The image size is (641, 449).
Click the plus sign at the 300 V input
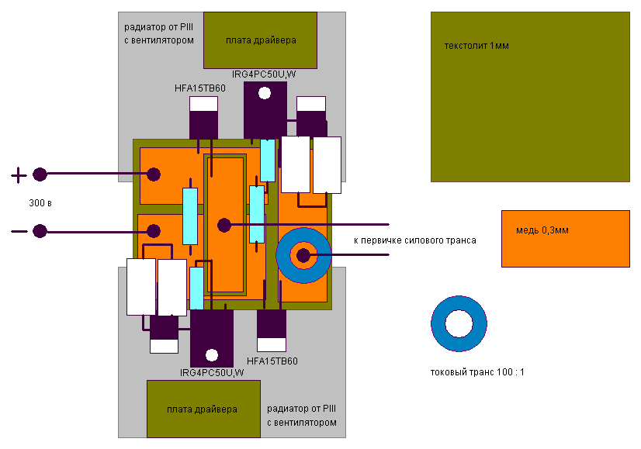click(x=18, y=176)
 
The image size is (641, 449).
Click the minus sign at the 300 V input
click(x=18, y=231)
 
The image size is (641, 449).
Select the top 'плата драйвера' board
click(x=261, y=40)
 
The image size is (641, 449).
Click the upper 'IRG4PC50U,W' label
click(x=265, y=74)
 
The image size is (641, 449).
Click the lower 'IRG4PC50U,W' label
click(x=212, y=373)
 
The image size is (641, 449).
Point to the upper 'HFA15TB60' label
click(x=200, y=88)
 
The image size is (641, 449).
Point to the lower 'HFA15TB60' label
click(x=272, y=361)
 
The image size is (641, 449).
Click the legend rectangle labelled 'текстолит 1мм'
click(x=530, y=97)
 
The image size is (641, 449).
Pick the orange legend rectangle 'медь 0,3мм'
click(x=565, y=238)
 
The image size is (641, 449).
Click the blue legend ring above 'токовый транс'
click(x=459, y=324)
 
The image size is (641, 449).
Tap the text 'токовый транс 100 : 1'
click(x=477, y=372)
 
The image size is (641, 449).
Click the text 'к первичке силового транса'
click(x=414, y=240)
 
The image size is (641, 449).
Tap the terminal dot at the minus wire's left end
click(x=40, y=231)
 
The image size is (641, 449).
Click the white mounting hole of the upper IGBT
click(x=265, y=94)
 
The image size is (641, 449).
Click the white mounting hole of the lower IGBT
click(x=211, y=356)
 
